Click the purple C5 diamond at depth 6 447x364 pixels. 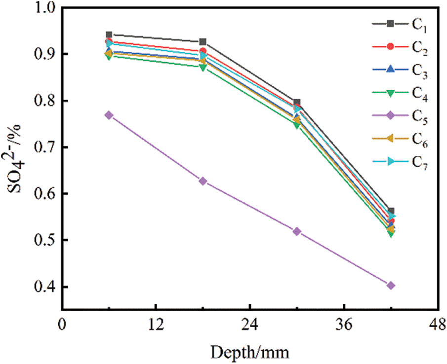coord(109,115)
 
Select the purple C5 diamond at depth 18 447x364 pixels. coord(203,181)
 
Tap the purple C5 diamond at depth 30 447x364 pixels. coord(297,231)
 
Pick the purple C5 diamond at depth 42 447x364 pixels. coord(391,286)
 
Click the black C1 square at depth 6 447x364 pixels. coord(109,35)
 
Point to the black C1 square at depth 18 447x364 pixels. coord(203,42)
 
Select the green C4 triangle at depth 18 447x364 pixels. coord(203,67)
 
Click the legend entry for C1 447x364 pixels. coord(401,23)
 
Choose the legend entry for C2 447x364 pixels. coord(401,46)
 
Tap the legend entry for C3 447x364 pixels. coord(401,70)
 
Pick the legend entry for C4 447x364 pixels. coord(401,93)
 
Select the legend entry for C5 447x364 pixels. coord(401,116)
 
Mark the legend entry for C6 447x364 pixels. coord(401,140)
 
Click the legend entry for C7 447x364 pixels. coord(401,163)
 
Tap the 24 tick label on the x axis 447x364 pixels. coord(249,326)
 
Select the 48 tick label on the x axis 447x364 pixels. coord(437,326)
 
